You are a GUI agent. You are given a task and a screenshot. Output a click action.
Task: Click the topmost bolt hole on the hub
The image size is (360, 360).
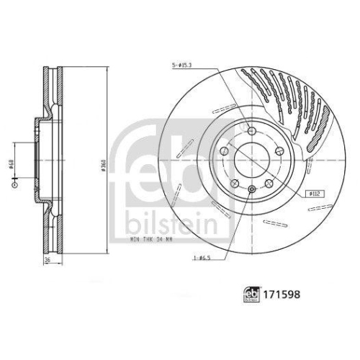click(250, 130)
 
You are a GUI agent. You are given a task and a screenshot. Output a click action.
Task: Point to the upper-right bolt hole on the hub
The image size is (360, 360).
click(278, 151)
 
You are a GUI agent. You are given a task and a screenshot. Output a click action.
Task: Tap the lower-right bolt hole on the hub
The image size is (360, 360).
click(267, 184)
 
